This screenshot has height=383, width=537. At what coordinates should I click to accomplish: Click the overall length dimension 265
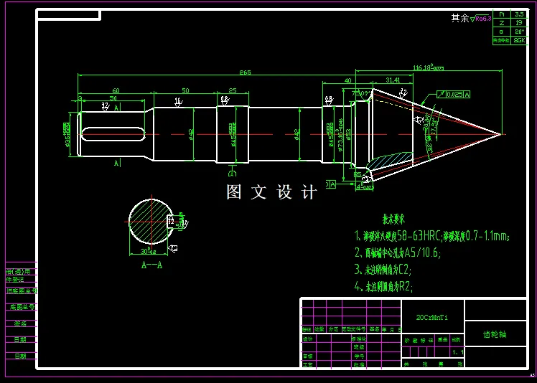point(246,72)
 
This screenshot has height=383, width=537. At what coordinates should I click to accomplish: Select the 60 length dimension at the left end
point(116,90)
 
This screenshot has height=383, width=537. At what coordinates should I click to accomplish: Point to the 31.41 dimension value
point(393,80)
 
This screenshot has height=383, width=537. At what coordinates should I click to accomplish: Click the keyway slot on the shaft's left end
point(114,134)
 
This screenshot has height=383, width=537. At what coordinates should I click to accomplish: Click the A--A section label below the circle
point(150,264)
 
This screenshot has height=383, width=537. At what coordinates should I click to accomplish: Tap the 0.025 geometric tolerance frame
point(452,94)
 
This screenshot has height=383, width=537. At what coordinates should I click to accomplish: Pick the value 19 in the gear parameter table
point(519,23)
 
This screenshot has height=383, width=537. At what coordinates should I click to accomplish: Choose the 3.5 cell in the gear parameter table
point(519,14)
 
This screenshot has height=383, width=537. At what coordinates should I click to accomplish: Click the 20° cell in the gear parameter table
point(519,32)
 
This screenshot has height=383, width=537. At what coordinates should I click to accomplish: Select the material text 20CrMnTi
point(431,316)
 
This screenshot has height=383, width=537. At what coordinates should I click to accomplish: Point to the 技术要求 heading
point(393,219)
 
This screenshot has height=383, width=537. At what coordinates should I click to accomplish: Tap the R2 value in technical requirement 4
point(406,287)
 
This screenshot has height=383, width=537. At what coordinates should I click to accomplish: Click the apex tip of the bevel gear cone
point(500,133)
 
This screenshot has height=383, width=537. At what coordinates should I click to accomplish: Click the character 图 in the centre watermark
point(234,192)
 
